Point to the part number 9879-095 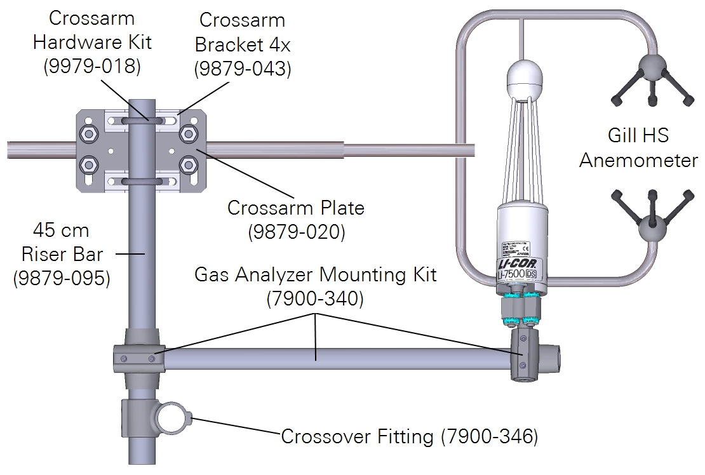pos(61,278)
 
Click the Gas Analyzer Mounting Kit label pos(315,275)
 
